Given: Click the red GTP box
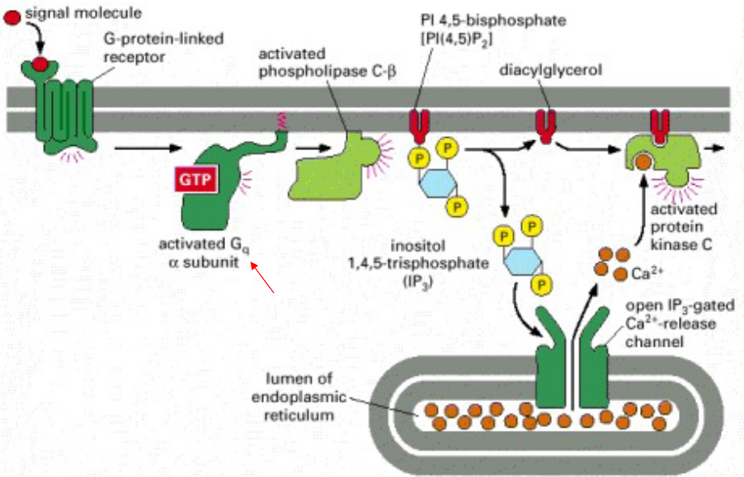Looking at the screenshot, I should point(195,179).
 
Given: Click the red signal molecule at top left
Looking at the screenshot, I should point(11,14).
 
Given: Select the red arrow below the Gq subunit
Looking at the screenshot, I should point(263,277).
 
